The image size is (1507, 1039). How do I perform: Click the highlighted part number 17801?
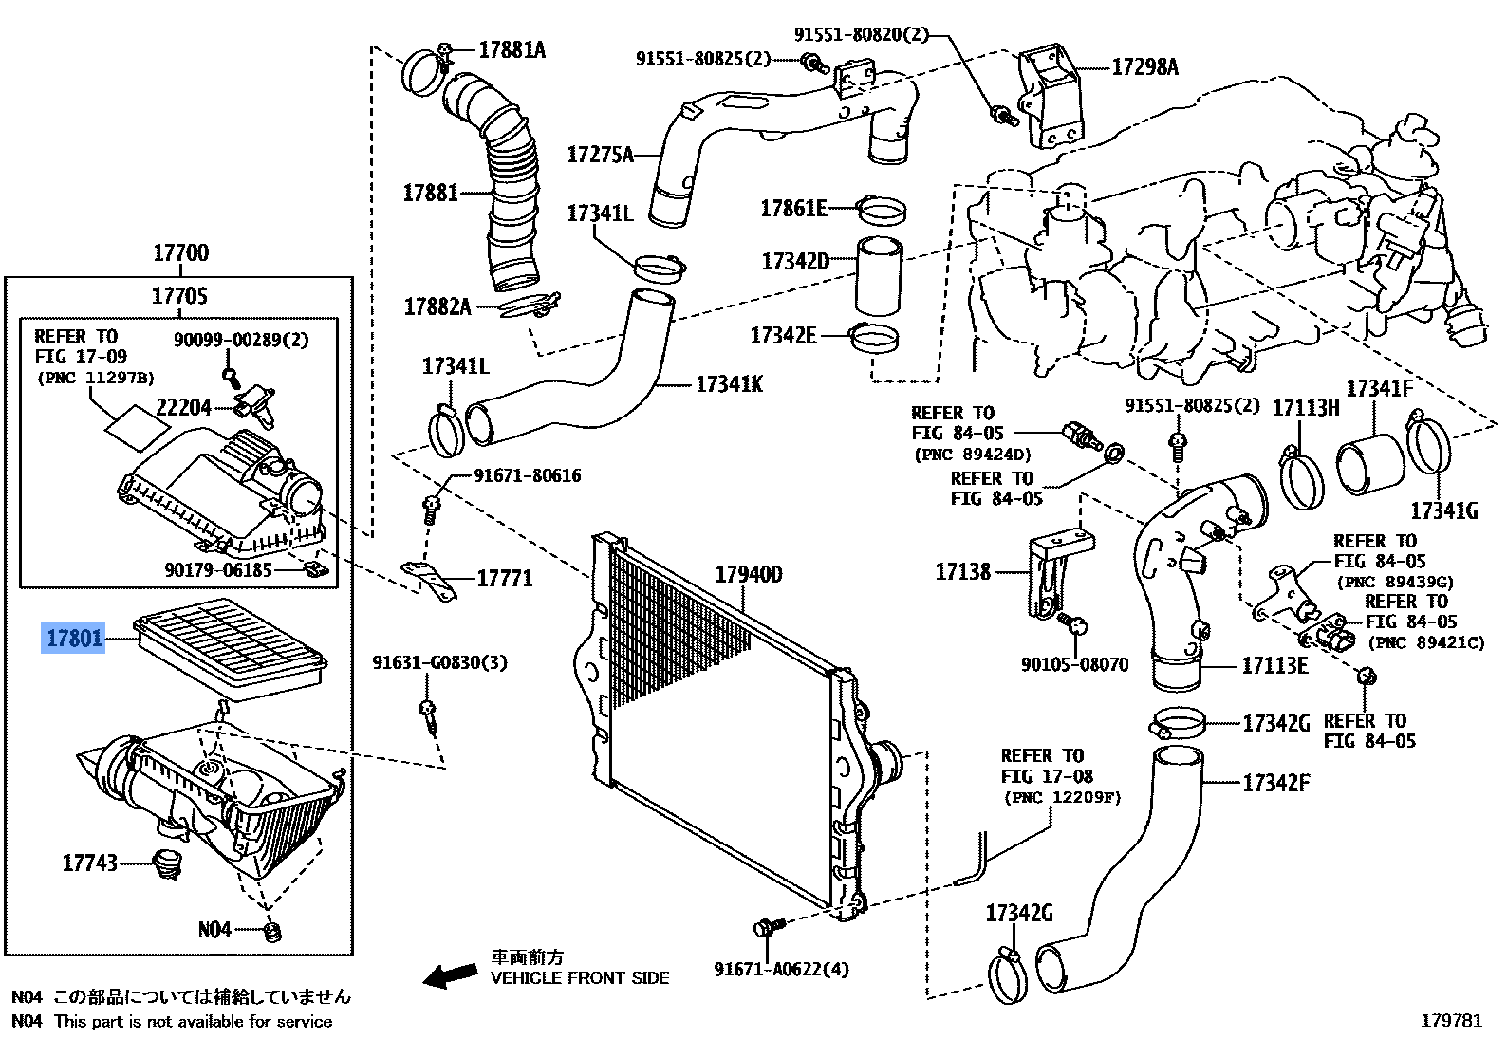(74, 639)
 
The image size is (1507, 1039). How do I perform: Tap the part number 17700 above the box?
(180, 253)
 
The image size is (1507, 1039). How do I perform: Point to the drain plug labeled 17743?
(168, 863)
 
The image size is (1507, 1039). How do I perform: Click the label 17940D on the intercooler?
(748, 575)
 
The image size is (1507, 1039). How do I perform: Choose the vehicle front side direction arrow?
(450, 975)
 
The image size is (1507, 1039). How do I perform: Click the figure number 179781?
(1450, 1021)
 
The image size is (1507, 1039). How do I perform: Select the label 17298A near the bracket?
(1144, 67)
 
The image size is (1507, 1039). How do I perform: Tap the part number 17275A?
(600, 155)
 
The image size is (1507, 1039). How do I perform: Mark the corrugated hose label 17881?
(430, 194)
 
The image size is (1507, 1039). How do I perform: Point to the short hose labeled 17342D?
(879, 275)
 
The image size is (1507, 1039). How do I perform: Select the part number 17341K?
(729, 384)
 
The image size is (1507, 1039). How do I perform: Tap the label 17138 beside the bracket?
(962, 572)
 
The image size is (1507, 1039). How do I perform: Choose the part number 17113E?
(1274, 666)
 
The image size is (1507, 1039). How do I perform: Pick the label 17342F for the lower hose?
(1275, 784)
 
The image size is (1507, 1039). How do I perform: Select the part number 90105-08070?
(1074, 665)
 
